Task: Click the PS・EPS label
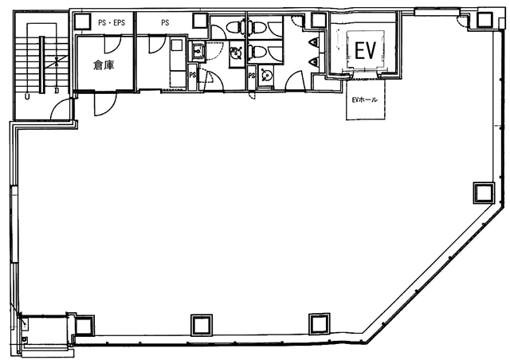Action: pos(112,23)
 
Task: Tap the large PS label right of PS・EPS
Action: pos(165,23)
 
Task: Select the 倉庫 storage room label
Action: pos(104,65)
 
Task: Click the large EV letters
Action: pos(365,51)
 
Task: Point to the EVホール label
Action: pos(365,100)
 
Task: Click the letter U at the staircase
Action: pos(27,96)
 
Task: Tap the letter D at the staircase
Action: pos(57,91)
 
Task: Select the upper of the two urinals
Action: pos(315,42)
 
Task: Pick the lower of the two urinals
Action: pos(315,62)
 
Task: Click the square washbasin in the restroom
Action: pos(197,52)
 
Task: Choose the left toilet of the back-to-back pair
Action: pos(234,27)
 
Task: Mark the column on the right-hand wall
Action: pos(484,193)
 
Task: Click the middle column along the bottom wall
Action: pos(202,324)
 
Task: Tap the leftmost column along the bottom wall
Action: pos(84,325)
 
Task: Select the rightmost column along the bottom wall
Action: pos(320,323)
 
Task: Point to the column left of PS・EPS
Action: pos(82,22)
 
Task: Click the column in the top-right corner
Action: pos(485,20)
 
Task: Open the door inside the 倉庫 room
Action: pos(112,45)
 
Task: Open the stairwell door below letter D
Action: pos(61,108)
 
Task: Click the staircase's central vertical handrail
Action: pos(41,65)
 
